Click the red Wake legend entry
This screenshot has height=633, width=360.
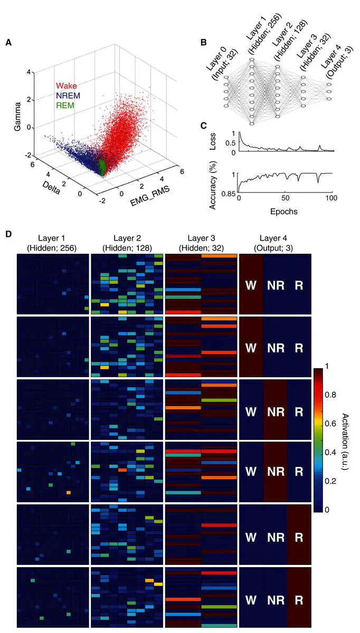(67, 85)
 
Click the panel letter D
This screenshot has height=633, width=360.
(8, 233)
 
